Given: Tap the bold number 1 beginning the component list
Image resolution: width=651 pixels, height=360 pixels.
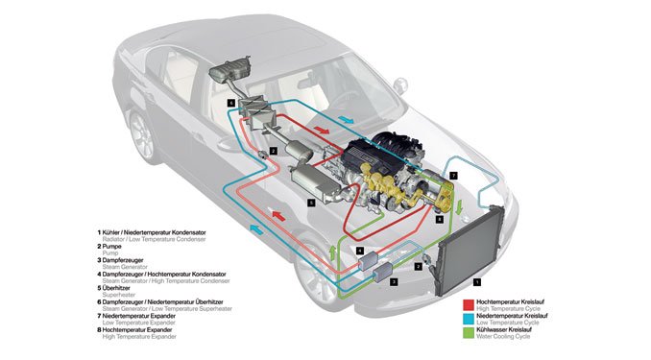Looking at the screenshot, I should coord(98,231).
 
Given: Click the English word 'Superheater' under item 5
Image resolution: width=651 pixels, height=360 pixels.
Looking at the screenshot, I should coord(124,294).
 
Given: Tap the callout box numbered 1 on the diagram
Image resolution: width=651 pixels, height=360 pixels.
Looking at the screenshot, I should coord(477,281).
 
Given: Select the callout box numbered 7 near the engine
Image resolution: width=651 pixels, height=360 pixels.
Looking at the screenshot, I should coord(454,176).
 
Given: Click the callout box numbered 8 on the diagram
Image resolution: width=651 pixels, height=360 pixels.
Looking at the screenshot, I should coord(439,220).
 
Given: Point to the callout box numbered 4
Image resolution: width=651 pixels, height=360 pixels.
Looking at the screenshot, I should coord(359,252).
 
